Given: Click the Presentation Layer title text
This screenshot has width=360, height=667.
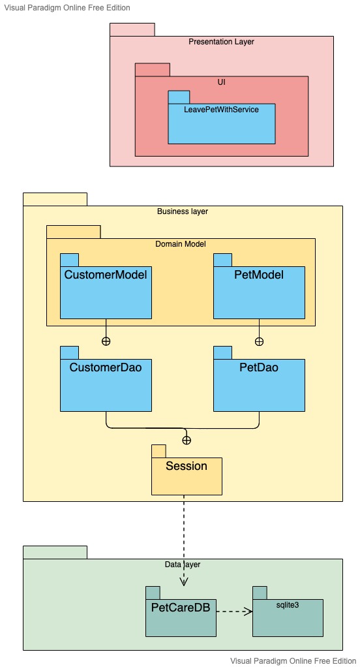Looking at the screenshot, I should point(221,42).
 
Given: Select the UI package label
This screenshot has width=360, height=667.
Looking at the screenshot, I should point(221,82).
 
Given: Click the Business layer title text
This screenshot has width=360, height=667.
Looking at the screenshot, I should point(183,211).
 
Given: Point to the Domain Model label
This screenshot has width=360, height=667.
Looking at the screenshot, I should point(181,244).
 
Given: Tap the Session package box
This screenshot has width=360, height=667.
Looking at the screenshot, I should point(187,476).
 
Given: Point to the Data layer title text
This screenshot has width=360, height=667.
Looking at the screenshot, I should point(183,564).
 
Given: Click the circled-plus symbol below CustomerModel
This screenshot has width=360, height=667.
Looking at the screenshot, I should point(106,341).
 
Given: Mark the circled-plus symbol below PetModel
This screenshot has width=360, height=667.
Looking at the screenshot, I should point(259,341).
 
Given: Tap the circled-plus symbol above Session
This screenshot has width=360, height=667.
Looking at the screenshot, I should point(187,440).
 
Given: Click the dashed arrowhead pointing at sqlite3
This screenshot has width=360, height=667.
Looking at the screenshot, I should point(248,612).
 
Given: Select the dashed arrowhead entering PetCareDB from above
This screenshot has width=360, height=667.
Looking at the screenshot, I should point(184,582).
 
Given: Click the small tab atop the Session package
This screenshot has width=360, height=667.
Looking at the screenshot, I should point(158,451).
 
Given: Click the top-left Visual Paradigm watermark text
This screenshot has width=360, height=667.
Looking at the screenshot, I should point(67,8).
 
